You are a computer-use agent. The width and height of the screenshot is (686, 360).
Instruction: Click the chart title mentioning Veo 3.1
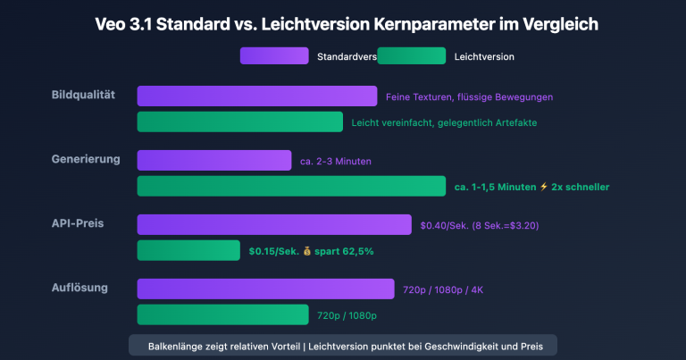(x=343, y=25)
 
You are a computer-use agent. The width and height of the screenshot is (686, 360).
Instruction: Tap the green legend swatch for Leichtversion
(x=411, y=56)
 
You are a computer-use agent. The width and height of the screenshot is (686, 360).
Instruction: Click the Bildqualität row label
(x=84, y=95)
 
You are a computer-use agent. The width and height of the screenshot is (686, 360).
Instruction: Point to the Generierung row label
(x=86, y=159)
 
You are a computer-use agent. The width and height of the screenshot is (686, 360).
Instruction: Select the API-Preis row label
(x=79, y=222)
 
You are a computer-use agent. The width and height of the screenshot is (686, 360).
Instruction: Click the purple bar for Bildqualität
(x=256, y=96)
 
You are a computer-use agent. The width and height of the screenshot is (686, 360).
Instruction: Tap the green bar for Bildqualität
(x=239, y=121)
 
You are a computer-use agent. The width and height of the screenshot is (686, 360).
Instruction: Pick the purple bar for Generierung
(x=213, y=161)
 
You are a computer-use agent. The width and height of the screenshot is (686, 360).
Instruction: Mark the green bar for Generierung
(x=291, y=186)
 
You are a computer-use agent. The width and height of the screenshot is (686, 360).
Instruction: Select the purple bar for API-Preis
(x=274, y=225)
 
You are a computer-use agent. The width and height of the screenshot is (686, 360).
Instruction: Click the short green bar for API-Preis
(x=188, y=251)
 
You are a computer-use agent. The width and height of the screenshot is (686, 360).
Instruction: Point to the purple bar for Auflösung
(x=265, y=289)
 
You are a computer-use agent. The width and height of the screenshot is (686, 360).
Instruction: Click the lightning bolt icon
(x=543, y=187)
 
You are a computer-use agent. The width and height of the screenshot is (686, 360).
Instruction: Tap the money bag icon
(x=306, y=251)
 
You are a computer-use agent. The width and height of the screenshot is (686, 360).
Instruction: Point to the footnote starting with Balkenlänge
(x=343, y=345)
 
